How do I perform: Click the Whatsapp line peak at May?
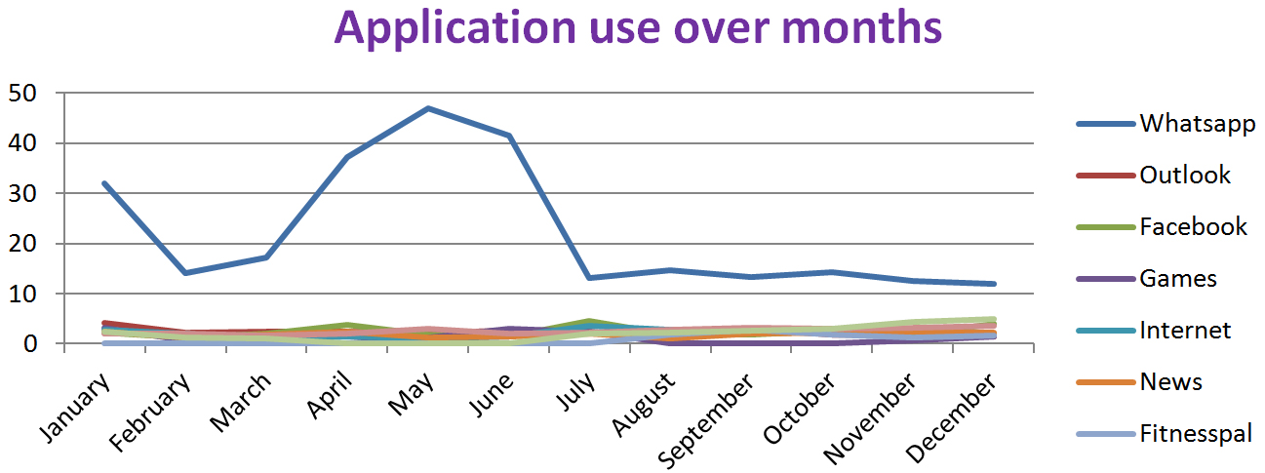[428, 108]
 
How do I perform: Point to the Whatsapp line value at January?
[103, 182]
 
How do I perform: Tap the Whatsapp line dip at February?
[184, 273]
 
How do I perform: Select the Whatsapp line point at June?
[509, 136]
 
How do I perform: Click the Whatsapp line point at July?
[590, 278]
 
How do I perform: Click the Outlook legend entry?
[1185, 176]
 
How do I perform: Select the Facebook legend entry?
[1193, 227]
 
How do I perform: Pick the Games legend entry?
[1178, 279]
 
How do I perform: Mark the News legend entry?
[1170, 382]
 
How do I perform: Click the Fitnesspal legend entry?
[1196, 434]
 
